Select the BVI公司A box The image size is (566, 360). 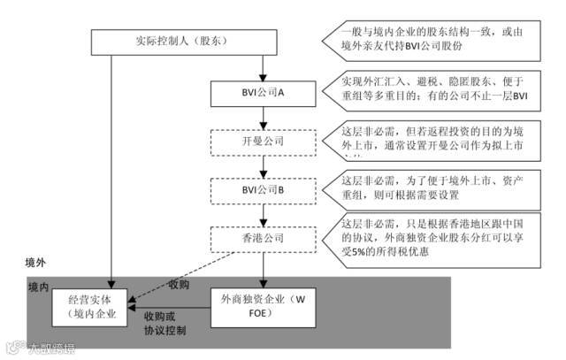[x=261, y=93]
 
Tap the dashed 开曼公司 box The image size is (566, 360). [x=261, y=141]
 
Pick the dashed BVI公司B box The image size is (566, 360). [x=261, y=189]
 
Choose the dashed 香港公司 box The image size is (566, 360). [x=261, y=237]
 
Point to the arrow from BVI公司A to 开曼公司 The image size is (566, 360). [x=261, y=116]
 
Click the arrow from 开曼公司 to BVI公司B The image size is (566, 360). [x=261, y=165]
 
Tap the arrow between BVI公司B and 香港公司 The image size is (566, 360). [x=261, y=213]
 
